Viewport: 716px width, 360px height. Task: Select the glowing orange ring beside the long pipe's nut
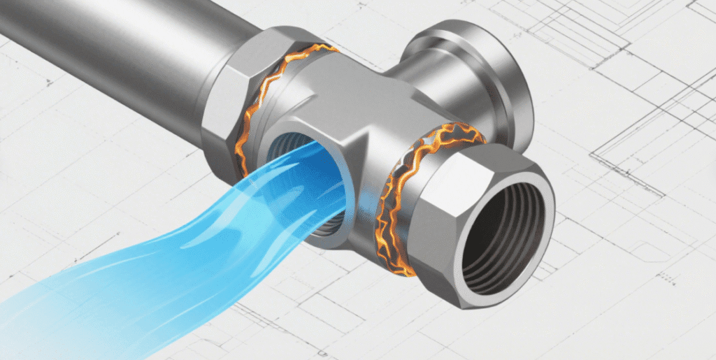click(263, 105)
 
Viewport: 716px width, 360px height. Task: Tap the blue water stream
click(175, 245)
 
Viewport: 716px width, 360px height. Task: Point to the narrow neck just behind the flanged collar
click(413, 77)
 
